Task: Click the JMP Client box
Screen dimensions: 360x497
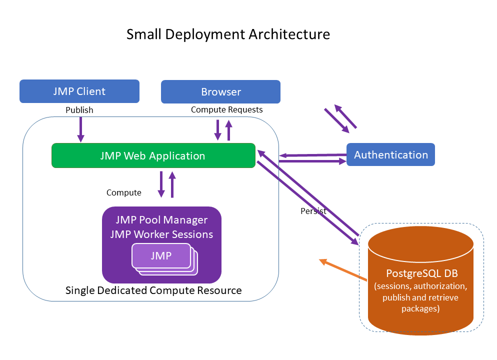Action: pyautogui.click(x=79, y=91)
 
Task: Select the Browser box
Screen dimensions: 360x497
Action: pyautogui.click(x=220, y=92)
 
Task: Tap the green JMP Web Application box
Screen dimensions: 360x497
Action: pyautogui.click(x=153, y=155)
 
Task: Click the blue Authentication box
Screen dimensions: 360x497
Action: pyautogui.click(x=390, y=155)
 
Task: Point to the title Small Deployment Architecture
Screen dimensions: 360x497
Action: pyautogui.click(x=228, y=34)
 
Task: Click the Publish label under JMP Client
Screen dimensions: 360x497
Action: pyautogui.click(x=79, y=110)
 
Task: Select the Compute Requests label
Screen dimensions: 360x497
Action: pyautogui.click(x=226, y=109)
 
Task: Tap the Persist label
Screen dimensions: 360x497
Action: pyautogui.click(x=313, y=211)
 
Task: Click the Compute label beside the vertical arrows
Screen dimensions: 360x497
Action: pyautogui.click(x=123, y=192)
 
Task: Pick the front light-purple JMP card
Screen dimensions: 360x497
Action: pyautogui.click(x=161, y=256)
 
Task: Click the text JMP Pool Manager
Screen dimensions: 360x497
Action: pyautogui.click(x=161, y=220)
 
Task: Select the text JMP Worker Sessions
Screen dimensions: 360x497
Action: pyautogui.click(x=161, y=234)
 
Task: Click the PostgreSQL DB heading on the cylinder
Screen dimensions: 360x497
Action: pyautogui.click(x=421, y=274)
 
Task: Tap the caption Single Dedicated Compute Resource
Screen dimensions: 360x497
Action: pyautogui.click(x=153, y=290)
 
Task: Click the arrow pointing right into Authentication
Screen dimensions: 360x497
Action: pyautogui.click(x=312, y=161)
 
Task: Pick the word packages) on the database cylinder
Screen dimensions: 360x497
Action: pyautogui.click(x=420, y=308)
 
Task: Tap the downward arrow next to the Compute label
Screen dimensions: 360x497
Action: pyautogui.click(x=161, y=184)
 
